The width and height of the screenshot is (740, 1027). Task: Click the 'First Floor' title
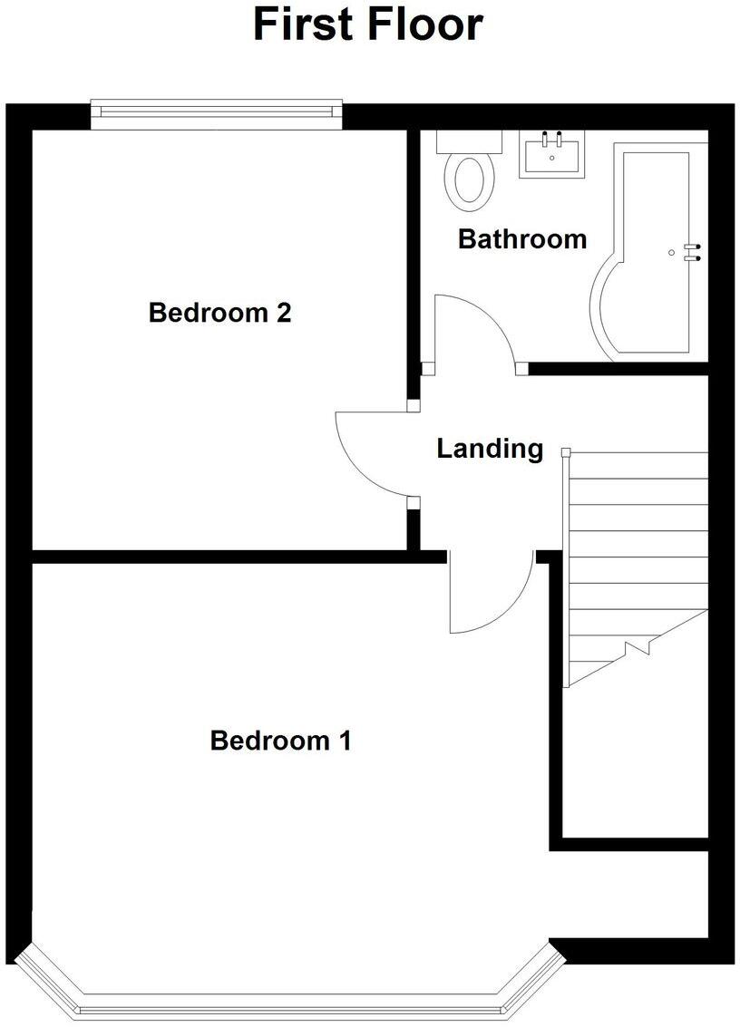click(367, 24)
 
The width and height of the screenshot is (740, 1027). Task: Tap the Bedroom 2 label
click(219, 314)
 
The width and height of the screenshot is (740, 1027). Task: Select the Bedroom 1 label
click(280, 741)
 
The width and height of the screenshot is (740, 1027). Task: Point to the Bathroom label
click(521, 239)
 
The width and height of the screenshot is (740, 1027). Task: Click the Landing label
click(490, 448)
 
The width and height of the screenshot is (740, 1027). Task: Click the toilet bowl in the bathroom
click(469, 179)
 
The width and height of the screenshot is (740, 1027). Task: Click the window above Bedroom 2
click(216, 111)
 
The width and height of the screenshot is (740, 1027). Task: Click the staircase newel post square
click(566, 451)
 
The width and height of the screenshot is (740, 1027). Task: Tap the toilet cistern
click(469, 141)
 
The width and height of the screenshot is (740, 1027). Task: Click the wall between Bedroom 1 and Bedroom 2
click(218, 557)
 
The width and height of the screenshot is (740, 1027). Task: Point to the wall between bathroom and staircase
click(617, 368)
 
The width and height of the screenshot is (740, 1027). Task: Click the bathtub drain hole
click(671, 252)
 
